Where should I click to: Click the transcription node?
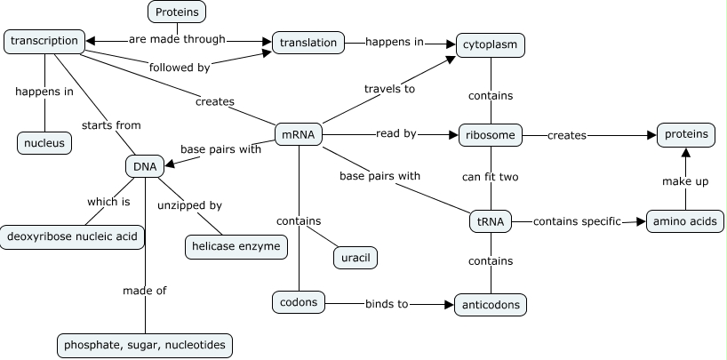[45, 41]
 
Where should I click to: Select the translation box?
[308, 42]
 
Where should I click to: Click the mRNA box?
[298, 135]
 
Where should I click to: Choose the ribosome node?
[491, 135]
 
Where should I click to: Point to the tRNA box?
[490, 221]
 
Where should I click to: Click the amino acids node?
[684, 221]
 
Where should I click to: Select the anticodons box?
[491, 305]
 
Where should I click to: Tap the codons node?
[298, 302]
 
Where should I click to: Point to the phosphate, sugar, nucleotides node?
[145, 345]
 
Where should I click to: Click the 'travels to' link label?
[389, 88]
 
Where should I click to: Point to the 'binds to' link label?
[387, 304]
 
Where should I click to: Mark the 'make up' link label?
[684, 181]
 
